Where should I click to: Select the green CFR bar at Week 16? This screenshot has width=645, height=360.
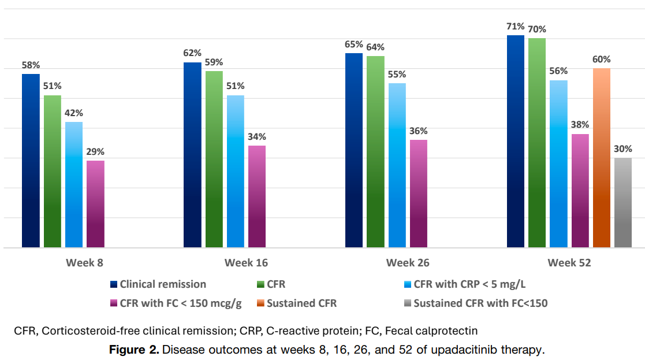coord(214,159)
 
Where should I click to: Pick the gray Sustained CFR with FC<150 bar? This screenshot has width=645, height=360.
coord(623,203)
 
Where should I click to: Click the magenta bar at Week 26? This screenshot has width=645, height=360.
coord(419,194)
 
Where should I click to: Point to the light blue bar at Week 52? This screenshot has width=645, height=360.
coord(558,164)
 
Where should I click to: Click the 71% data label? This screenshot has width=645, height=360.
coord(515,27)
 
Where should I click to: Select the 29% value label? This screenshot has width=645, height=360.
coord(95,152)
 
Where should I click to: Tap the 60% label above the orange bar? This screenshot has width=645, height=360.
coord(601,60)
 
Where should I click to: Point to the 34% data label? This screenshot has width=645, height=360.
coord(257,137)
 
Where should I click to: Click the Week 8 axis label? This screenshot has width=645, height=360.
coord(84,263)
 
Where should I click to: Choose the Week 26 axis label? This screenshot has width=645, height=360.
coord(408,263)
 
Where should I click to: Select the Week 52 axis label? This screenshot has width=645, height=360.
coord(569,263)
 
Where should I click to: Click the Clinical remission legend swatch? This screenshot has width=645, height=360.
coord(114,284)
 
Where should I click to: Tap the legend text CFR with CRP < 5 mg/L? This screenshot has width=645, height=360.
coord(469,284)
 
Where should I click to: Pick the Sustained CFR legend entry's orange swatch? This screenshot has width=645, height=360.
coord(262,303)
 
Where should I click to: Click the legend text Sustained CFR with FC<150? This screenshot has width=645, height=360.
coord(480,303)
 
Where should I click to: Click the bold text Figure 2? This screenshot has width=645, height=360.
coord(135,350)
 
